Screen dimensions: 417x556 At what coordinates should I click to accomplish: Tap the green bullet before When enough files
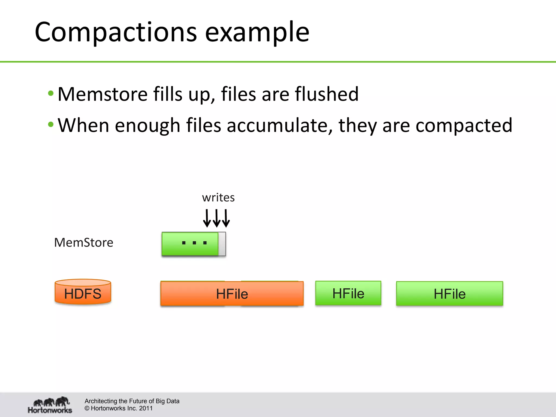coord(51,125)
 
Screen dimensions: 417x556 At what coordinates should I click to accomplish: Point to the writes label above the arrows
coord(218,198)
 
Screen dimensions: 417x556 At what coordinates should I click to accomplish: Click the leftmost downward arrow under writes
coord(207,218)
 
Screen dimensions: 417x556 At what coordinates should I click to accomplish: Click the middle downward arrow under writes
coord(217,218)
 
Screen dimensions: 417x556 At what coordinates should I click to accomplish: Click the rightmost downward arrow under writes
coord(226,218)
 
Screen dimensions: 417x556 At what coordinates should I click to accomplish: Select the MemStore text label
coord(84,242)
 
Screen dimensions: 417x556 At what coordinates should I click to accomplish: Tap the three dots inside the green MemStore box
coord(194,243)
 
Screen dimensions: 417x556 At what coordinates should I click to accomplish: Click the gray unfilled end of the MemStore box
coord(222,244)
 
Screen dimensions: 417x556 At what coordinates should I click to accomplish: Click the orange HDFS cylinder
coord(83,292)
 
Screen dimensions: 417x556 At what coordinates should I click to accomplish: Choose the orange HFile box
coord(232,294)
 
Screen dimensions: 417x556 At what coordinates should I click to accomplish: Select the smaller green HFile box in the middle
coord(348,293)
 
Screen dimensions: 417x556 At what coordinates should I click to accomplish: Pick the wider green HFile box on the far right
coord(449,294)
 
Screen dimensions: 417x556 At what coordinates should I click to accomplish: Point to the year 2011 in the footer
coord(146,408)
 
